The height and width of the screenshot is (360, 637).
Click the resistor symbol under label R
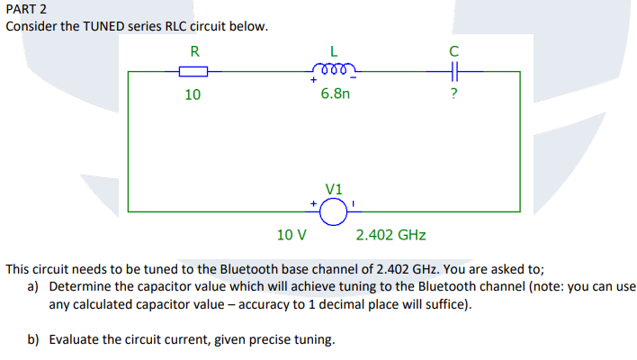click(x=193, y=71)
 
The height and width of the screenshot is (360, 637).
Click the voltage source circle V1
click(x=334, y=211)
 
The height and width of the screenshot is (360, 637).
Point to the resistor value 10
click(x=193, y=94)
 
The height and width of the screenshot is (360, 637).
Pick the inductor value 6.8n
click(x=335, y=94)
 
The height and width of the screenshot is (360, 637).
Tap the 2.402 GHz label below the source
click(x=390, y=236)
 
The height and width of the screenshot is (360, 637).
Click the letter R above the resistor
click(x=194, y=49)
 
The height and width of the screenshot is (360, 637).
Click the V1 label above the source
click(x=334, y=188)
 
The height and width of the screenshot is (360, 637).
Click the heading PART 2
click(x=26, y=8)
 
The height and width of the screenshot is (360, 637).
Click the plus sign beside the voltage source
click(x=314, y=204)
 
